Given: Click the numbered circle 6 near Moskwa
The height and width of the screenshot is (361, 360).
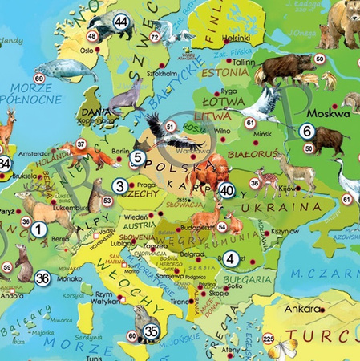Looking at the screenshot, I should (306, 130).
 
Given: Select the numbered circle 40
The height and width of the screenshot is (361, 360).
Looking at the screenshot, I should (226, 190).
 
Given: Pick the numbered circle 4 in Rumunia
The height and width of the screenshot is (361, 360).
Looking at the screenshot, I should (231, 258).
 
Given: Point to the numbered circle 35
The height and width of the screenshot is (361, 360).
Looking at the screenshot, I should (151, 330).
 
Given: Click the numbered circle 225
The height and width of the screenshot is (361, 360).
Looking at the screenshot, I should (269, 338).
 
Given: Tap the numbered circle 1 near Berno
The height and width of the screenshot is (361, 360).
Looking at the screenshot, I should (37, 229).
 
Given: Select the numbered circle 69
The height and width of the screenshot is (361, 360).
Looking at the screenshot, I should (39, 77).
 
